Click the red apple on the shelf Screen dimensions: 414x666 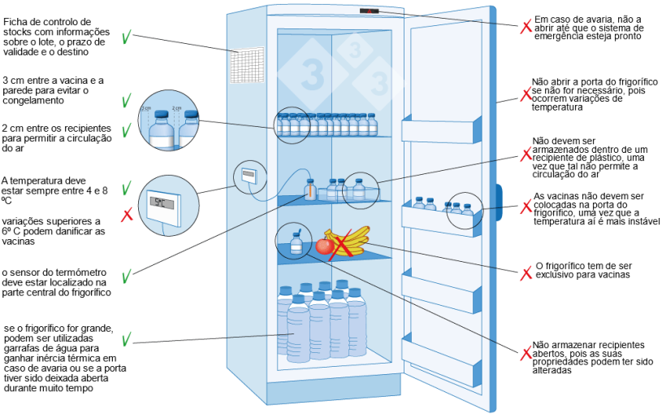[325, 246]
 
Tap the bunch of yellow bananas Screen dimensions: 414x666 [347, 239]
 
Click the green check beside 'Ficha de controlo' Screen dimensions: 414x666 [127, 37]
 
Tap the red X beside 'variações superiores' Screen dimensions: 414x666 [127, 216]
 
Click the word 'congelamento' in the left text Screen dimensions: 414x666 [32, 101]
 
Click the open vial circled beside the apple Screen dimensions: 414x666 [296, 242]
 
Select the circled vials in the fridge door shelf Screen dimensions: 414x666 [462, 210]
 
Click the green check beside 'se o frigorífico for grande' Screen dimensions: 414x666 [127, 338]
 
